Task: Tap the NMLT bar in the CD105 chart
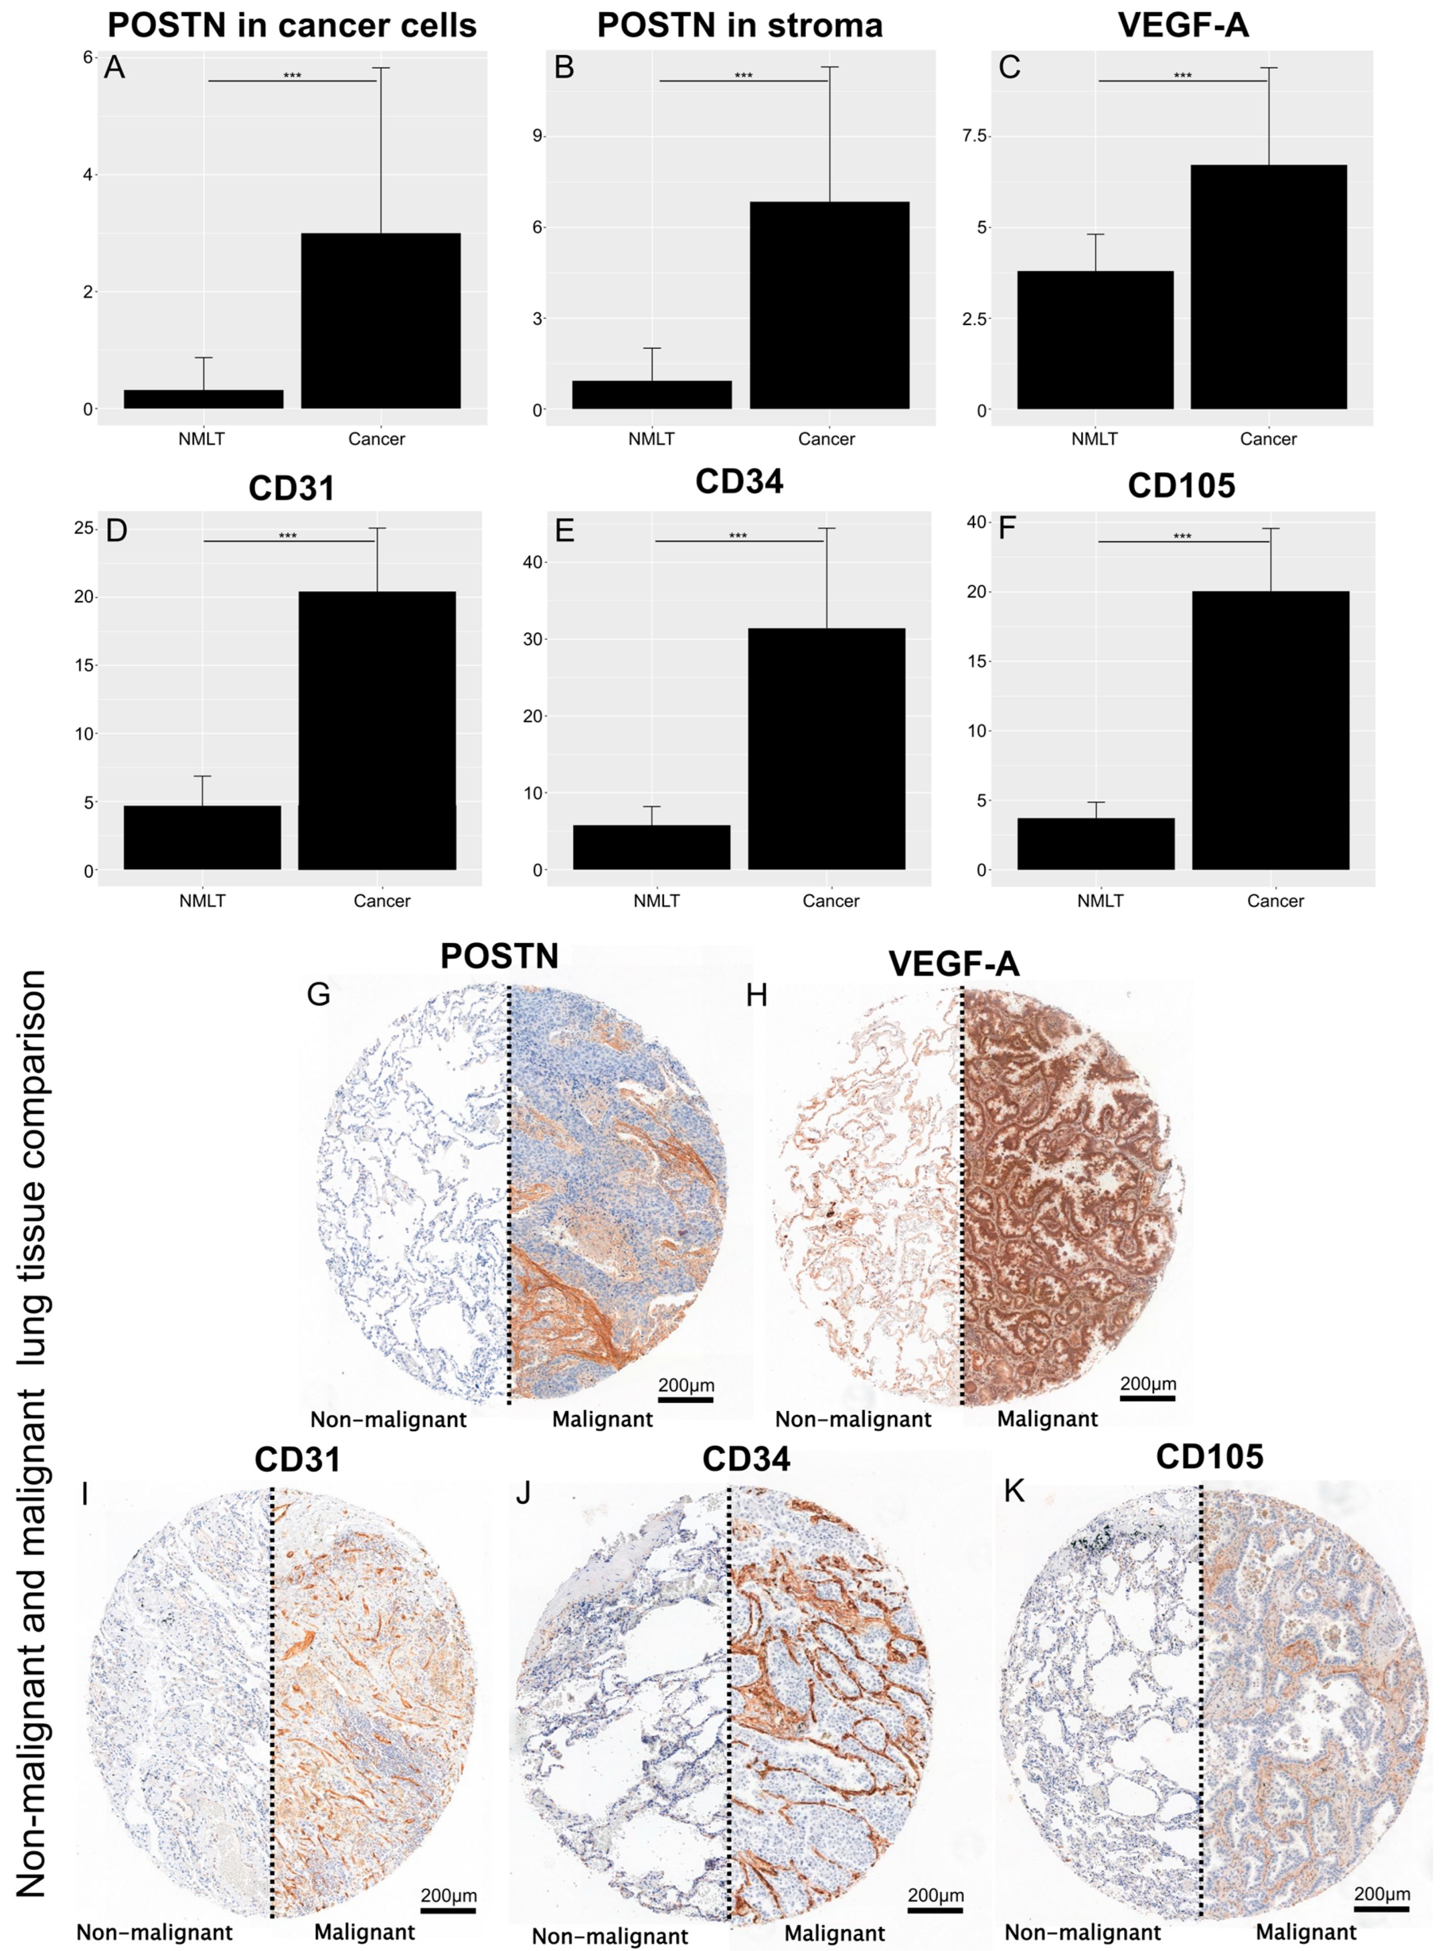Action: (x=1096, y=843)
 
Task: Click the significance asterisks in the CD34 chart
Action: (x=738, y=536)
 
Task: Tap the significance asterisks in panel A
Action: (x=292, y=76)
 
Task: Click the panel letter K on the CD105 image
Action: (x=1013, y=1490)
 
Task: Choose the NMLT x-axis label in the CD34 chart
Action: (x=656, y=901)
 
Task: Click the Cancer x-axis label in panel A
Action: (x=376, y=439)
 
